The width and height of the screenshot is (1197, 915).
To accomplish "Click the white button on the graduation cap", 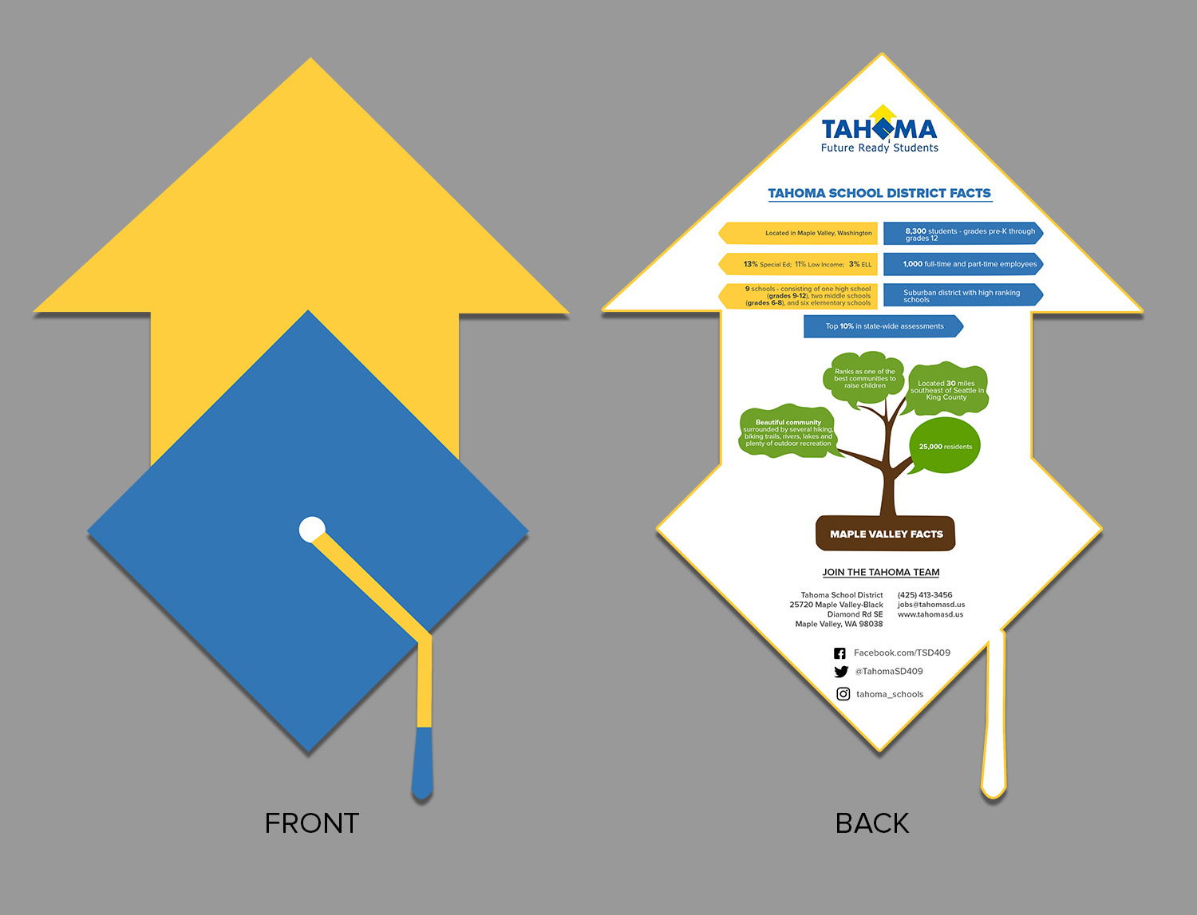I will tap(312, 530).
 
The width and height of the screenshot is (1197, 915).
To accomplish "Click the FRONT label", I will tap(312, 823).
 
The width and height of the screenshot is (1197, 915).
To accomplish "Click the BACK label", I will tap(872, 823).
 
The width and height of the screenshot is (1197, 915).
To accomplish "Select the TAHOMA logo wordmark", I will tap(879, 129).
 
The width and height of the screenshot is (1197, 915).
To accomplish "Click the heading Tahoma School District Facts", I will tap(879, 193).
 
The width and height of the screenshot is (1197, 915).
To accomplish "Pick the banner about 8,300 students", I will tap(962, 234).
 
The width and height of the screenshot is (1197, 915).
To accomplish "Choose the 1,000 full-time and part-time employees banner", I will tap(962, 264).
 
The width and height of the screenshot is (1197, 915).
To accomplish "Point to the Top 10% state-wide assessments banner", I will tap(883, 326).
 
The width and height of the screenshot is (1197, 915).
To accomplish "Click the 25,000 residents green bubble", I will tap(945, 446).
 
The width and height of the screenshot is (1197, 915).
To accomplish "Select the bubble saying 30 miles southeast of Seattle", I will tap(947, 390).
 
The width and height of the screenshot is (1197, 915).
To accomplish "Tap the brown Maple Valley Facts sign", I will tap(886, 534).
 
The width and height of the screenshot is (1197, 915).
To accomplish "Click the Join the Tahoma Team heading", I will tap(881, 572).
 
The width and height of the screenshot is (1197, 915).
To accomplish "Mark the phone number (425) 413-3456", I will tap(925, 595).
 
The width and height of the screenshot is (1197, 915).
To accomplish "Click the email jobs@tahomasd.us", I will tap(931, 605).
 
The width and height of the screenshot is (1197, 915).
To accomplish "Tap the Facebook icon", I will tap(839, 653).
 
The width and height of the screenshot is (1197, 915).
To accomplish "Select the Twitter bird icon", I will tap(841, 672).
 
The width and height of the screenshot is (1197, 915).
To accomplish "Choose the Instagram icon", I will tap(843, 694).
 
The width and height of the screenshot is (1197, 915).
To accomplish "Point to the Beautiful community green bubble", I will tap(788, 432).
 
